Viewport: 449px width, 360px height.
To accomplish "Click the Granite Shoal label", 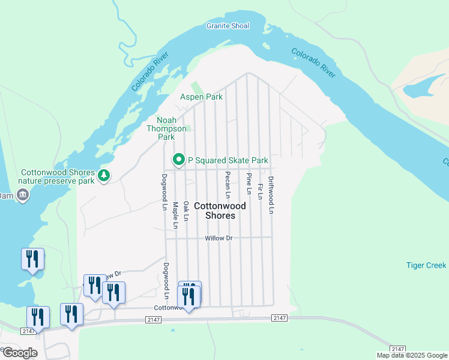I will point(228,26).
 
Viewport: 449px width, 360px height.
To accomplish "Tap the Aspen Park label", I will point(202,97).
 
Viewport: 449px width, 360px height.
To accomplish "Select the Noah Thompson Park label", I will point(166,128).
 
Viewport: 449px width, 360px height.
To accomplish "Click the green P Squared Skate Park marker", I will point(178,160).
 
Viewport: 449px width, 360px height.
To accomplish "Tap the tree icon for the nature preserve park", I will point(104,175).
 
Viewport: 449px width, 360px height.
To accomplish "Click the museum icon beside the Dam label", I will point(23,194).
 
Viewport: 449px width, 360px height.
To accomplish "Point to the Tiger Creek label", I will point(426,265).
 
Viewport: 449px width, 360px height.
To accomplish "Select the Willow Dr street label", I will point(218,238).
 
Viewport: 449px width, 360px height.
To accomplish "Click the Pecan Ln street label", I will point(228,185).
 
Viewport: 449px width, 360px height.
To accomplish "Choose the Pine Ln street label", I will point(249,184).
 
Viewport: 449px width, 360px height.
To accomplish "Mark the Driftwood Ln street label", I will point(271,195).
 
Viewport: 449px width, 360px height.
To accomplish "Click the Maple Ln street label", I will point(175,215).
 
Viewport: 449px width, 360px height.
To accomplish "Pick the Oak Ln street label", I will point(186,211).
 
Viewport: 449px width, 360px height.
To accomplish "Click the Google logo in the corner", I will point(19,352).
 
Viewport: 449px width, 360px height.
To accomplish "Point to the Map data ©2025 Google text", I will point(411,355).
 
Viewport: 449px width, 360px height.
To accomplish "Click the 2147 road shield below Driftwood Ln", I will point(279,317).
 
